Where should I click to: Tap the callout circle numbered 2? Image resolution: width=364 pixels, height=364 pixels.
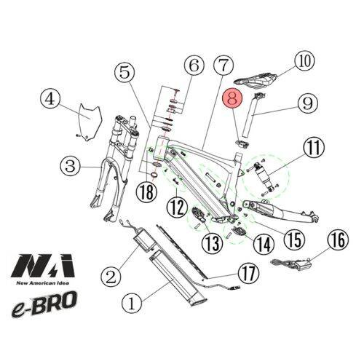[x=111, y=276]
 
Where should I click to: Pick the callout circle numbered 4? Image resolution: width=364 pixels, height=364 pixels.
[x=50, y=98]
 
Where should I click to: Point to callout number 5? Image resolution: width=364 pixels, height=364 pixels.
[x=125, y=71]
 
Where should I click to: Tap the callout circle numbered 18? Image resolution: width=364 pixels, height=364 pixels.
[x=149, y=191]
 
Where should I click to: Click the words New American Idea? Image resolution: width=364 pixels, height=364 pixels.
[x=44, y=282]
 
